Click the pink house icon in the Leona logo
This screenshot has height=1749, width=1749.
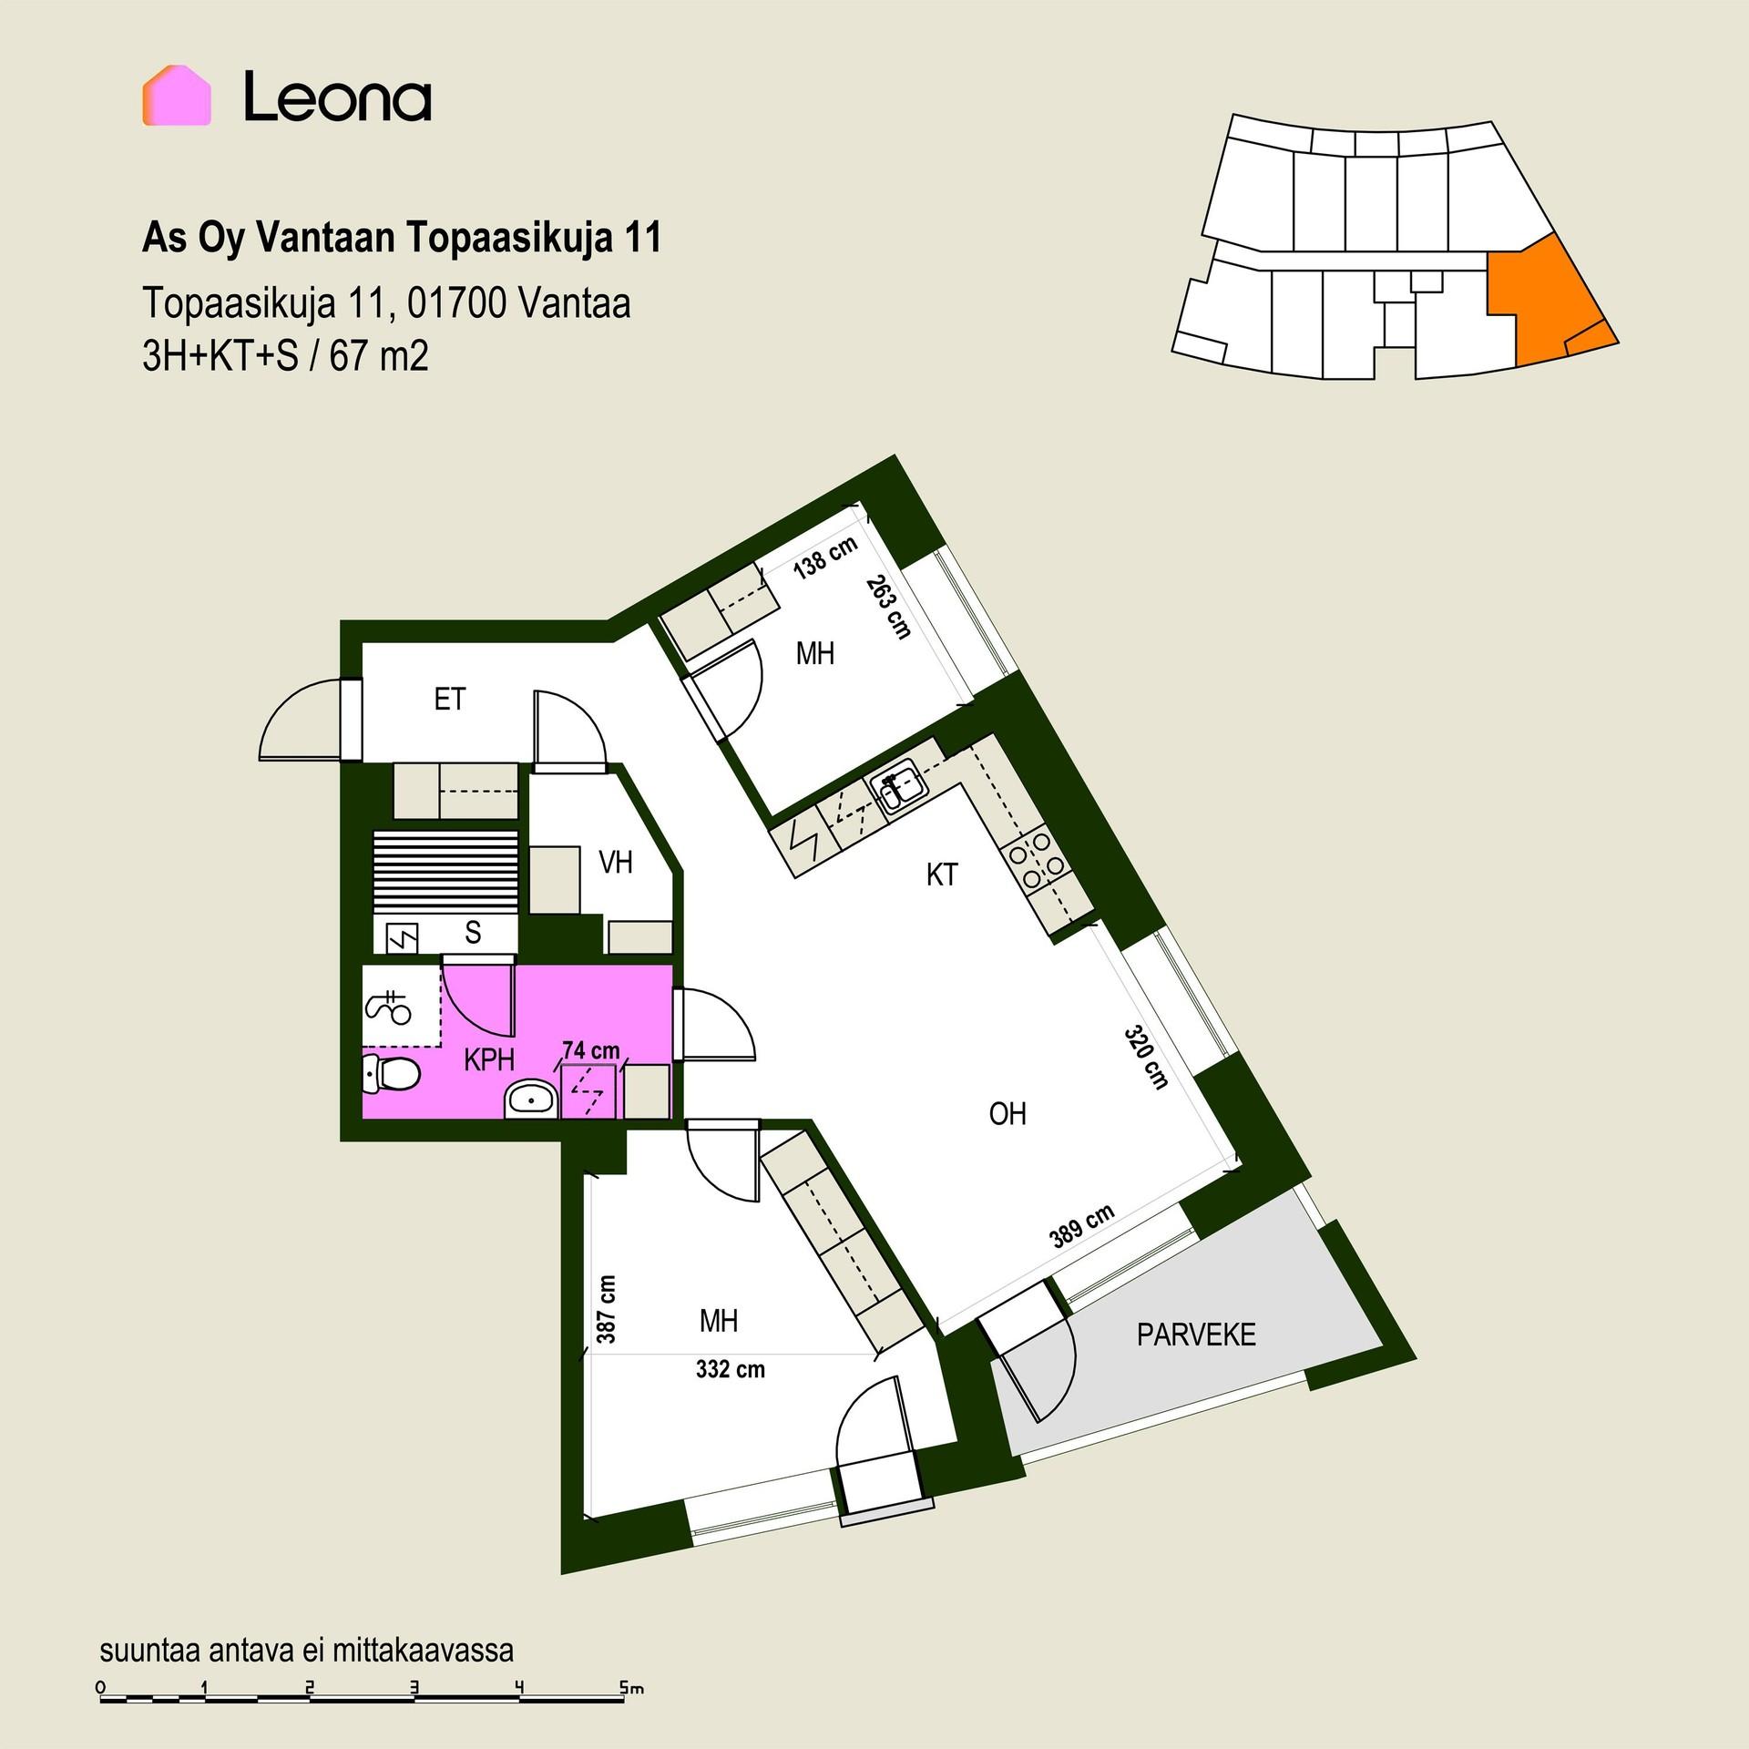pos(177,96)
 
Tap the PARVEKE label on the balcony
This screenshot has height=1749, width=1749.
pos(1196,1335)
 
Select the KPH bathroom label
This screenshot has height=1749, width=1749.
pos(489,1059)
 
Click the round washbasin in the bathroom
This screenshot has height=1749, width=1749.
pos(531,1100)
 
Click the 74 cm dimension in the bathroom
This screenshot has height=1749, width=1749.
pos(591,1050)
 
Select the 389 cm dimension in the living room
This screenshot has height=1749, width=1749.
pos(1082,1226)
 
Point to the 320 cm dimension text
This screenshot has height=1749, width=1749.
pos(1146,1058)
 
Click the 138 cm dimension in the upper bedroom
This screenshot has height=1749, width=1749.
pos(825,557)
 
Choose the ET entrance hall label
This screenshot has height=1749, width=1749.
pos(450,699)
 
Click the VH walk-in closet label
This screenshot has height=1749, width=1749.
pos(616,862)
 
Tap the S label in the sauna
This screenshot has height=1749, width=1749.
pos(473,932)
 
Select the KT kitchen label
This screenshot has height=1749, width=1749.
pos(942,874)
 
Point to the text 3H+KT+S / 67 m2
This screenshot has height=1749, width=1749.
pos(285,356)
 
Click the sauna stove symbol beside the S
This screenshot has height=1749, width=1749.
pos(403,936)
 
